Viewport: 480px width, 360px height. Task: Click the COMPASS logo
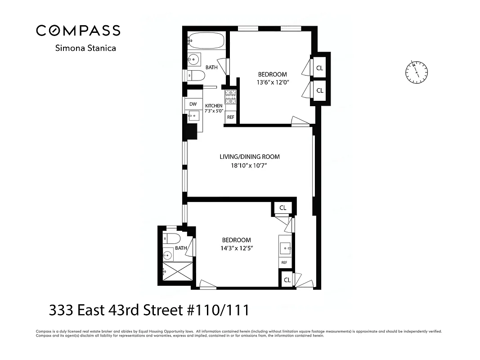point(78,30)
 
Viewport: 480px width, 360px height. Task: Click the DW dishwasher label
point(193,104)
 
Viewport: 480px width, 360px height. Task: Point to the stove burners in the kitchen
point(230,96)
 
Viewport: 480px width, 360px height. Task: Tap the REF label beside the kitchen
point(231,117)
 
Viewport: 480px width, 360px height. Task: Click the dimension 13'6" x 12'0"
point(272,82)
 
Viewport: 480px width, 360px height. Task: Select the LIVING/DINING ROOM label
point(250,157)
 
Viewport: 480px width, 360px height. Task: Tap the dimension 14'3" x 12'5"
point(236,248)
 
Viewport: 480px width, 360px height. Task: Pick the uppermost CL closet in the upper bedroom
point(320,68)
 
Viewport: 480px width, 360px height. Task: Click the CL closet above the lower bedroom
point(283,207)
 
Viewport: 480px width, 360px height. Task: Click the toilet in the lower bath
point(171,238)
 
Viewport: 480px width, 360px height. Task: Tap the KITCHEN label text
point(214,106)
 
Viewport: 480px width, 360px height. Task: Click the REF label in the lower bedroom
point(284,263)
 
